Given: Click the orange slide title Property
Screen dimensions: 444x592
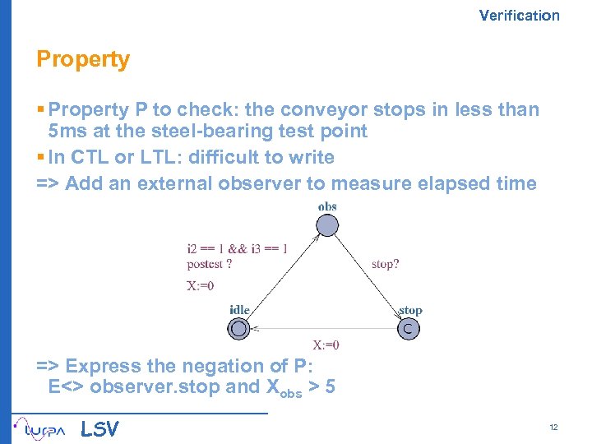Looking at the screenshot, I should [83, 60].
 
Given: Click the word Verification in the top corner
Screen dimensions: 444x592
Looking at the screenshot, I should [519, 15].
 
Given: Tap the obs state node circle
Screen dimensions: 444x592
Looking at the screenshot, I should [327, 224].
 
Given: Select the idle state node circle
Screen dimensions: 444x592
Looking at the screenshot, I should [238, 329].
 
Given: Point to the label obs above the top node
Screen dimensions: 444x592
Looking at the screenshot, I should [327, 206].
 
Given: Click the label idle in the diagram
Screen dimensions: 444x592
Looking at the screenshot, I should [239, 310].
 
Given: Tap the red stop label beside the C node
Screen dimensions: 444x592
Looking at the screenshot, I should [410, 310].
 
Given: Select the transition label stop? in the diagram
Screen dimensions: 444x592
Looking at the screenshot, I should [386, 265].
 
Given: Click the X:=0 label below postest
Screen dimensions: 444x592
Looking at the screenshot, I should [201, 286].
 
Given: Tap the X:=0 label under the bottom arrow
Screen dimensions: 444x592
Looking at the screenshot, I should [326, 345].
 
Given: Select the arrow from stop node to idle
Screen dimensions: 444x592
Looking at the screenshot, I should [324, 329].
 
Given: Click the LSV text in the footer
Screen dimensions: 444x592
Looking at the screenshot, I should [99, 429].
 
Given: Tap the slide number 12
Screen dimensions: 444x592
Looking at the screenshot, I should [553, 428].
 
